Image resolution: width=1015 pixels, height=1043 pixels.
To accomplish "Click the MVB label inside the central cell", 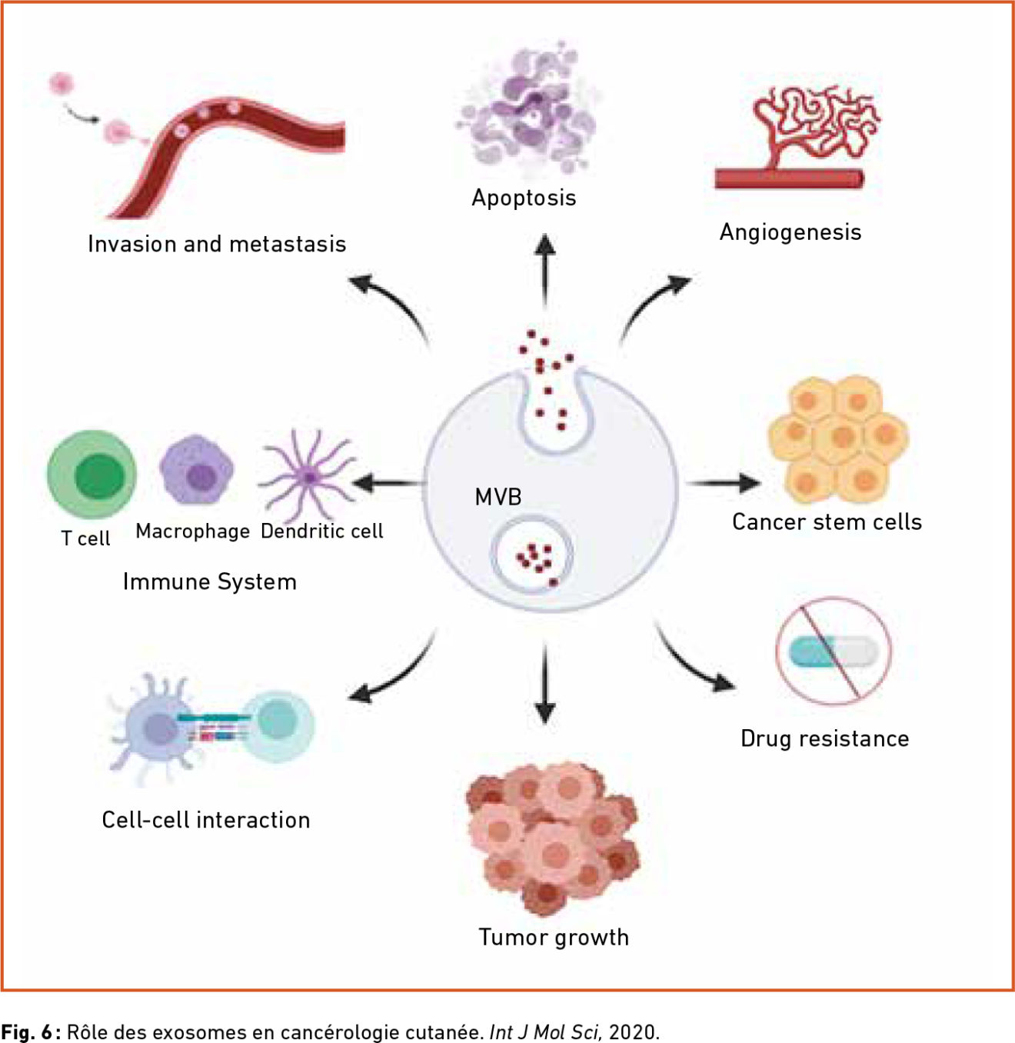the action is coord(498,498).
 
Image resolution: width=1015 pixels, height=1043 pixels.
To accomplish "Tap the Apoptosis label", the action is coord(524,198).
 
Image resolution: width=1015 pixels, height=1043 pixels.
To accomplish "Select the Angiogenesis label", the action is coord(790,232).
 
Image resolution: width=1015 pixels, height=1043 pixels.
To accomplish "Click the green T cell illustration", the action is coord(92,475).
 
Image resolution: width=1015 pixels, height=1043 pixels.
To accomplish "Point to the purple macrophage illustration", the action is coord(197,469).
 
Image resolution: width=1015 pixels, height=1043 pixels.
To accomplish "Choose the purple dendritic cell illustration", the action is coord(307,476).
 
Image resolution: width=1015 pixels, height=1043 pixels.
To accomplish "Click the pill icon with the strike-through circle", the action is coord(834,651).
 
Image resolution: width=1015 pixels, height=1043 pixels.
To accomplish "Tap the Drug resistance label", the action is coord(824,738).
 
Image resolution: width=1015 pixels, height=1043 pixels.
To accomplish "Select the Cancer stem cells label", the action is coord(827,522).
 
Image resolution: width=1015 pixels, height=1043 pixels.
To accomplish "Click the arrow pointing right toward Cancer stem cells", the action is coord(723,483).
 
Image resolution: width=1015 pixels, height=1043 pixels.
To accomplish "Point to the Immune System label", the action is coord(210,582).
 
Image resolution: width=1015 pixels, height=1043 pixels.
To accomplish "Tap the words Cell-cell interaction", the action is coord(206,820).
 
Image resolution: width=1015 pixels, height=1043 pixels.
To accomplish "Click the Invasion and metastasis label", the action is coord(217,244).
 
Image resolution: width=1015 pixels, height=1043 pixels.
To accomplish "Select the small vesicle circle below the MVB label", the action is coord(531,555).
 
